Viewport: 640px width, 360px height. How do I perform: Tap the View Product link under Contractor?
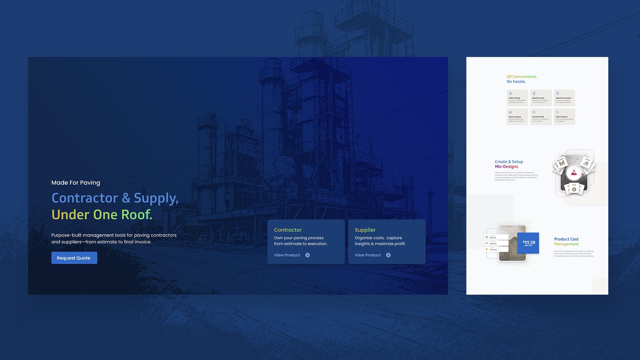pos(287,255)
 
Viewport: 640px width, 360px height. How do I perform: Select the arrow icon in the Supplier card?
pos(388,255)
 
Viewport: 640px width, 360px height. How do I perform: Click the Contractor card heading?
pos(288,230)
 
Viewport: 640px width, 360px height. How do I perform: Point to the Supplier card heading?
pos(365,230)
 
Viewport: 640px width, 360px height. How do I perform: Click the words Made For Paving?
pos(76,183)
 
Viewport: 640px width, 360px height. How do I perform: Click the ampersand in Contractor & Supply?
pos(126,198)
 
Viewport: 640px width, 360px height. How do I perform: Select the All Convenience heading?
pos(522,77)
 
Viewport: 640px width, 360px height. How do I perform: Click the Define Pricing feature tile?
pos(517,98)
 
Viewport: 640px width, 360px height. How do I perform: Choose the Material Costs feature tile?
pos(541,98)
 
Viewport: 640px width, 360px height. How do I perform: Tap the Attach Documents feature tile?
pos(564,98)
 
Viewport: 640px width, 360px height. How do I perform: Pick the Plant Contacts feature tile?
pos(517,117)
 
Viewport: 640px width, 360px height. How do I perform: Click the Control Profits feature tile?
pos(541,117)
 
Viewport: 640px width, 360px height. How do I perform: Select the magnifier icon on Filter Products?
pos(557,112)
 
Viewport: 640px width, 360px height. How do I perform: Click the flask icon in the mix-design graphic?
pos(574,173)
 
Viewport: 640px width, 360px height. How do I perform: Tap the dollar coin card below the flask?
pos(574,189)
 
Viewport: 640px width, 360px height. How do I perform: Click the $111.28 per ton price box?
pos(529,243)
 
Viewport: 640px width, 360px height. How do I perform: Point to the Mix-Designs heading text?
pos(506,167)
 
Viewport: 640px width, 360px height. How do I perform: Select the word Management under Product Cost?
pos(566,244)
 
